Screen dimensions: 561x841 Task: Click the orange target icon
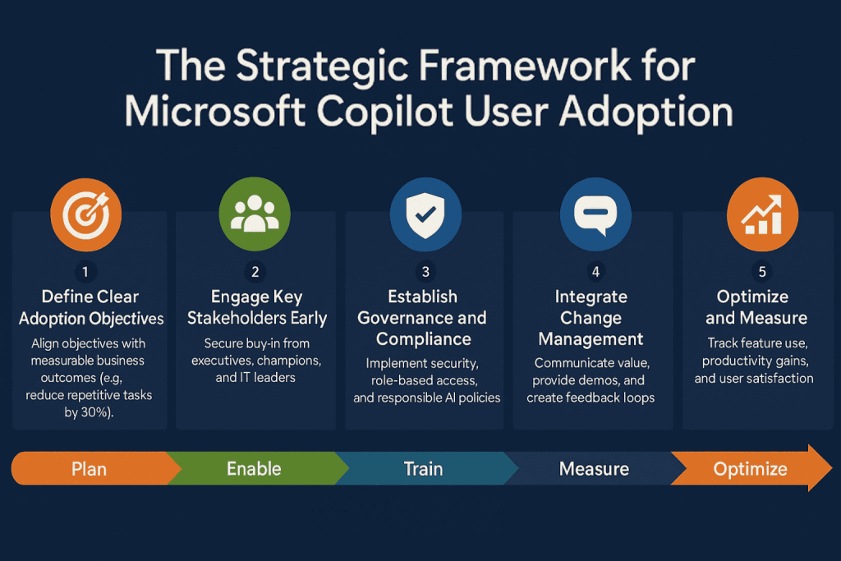click(x=86, y=215)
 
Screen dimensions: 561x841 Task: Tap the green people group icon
click(x=255, y=215)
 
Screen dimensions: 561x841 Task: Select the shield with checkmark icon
click(x=425, y=215)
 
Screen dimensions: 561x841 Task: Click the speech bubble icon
click(x=595, y=215)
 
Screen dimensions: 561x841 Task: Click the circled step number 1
click(x=86, y=272)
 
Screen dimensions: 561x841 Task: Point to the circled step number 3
click(x=425, y=272)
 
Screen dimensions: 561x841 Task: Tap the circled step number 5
click(x=763, y=272)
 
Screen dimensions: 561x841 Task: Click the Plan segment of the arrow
click(x=89, y=469)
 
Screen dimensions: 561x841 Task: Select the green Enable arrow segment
click(x=254, y=469)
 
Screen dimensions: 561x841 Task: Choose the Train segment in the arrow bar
click(x=423, y=469)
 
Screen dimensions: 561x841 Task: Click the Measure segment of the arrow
click(x=594, y=469)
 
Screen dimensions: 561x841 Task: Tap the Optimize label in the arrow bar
click(x=750, y=469)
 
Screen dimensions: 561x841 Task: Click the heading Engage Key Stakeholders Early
click(x=256, y=307)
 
